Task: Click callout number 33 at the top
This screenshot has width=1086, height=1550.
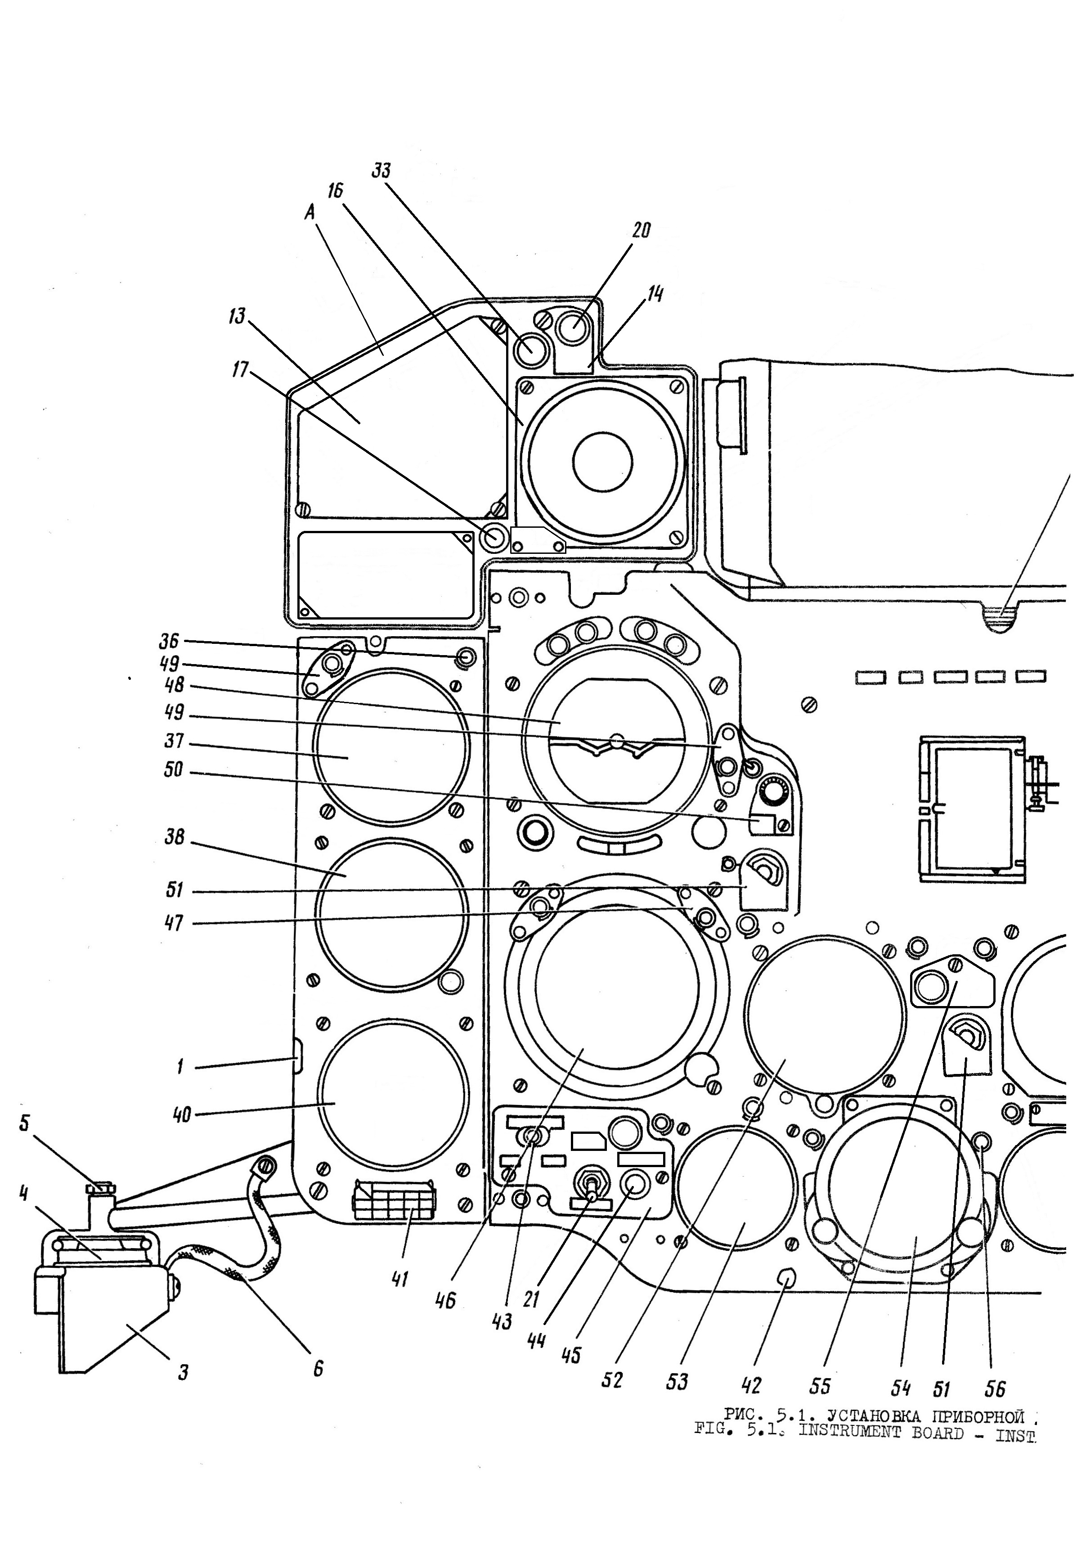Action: pos(381,171)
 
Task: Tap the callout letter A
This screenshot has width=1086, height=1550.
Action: pos(310,213)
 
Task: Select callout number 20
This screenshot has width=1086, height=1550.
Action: pos(641,230)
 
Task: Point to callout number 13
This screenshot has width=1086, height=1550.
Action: pos(237,316)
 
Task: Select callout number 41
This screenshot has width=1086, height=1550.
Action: pos(400,1279)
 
